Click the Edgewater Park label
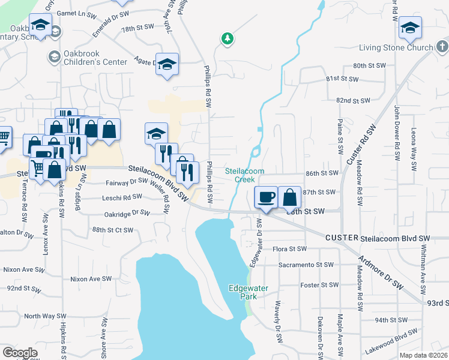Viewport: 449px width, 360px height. [243, 292]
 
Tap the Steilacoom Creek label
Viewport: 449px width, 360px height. [245, 175]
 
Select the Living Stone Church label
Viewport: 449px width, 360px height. [396, 47]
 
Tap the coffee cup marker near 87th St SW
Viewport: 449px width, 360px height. [266, 197]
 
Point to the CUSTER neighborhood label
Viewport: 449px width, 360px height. [342, 238]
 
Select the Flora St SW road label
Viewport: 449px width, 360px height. [289, 248]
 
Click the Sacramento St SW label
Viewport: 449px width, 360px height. [306, 265]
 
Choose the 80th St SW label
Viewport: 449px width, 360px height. [368, 65]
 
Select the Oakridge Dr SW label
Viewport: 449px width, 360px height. [127, 212]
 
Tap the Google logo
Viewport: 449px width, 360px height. [20, 353]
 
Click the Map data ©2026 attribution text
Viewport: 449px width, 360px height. [424, 355]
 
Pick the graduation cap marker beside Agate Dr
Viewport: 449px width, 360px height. [167, 64]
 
